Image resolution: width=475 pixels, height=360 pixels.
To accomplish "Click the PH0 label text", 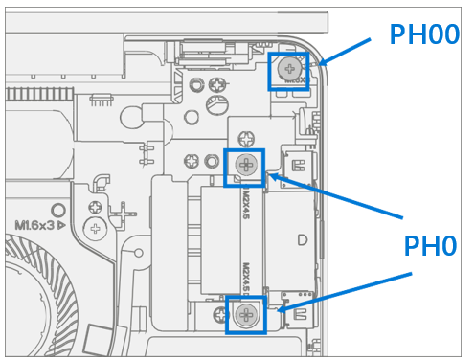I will (x=429, y=247).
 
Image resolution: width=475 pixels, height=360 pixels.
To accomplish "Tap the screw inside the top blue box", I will (x=289, y=69).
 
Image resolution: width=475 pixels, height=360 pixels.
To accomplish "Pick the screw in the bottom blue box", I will (x=247, y=313).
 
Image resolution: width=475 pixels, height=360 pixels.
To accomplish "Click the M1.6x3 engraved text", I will (x=36, y=225).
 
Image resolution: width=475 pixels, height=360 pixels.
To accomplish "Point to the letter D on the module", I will (x=304, y=238).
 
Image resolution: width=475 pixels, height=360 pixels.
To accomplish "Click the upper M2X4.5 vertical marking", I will (x=245, y=204).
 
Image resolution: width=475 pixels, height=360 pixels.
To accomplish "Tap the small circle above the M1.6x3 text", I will (x=57, y=209).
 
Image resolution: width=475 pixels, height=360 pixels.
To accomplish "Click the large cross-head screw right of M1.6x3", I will (x=95, y=229).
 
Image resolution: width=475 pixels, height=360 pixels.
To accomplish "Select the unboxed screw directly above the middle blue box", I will (x=246, y=139).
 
